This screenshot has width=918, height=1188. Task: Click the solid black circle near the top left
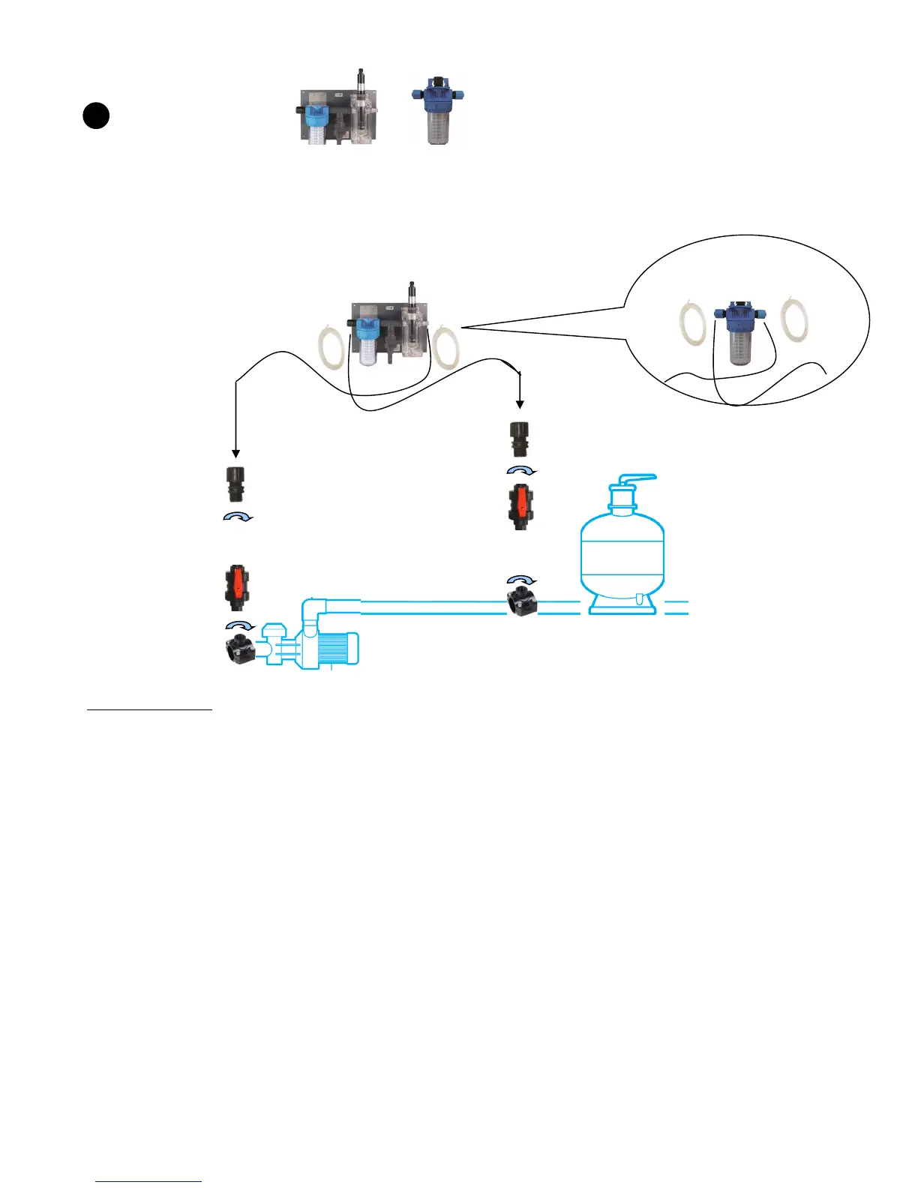click(96, 116)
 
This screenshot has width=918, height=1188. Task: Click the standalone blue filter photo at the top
click(437, 112)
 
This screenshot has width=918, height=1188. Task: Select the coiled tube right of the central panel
click(445, 346)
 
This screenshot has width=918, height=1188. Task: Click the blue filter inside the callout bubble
click(741, 333)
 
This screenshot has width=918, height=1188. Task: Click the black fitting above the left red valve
click(236, 484)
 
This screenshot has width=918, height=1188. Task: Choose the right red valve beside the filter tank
click(520, 506)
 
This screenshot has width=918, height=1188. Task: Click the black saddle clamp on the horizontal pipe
click(522, 602)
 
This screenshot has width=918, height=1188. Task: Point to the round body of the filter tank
click(622, 550)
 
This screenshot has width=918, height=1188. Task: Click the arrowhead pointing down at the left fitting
click(235, 453)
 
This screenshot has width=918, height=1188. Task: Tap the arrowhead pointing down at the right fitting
click(520, 405)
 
